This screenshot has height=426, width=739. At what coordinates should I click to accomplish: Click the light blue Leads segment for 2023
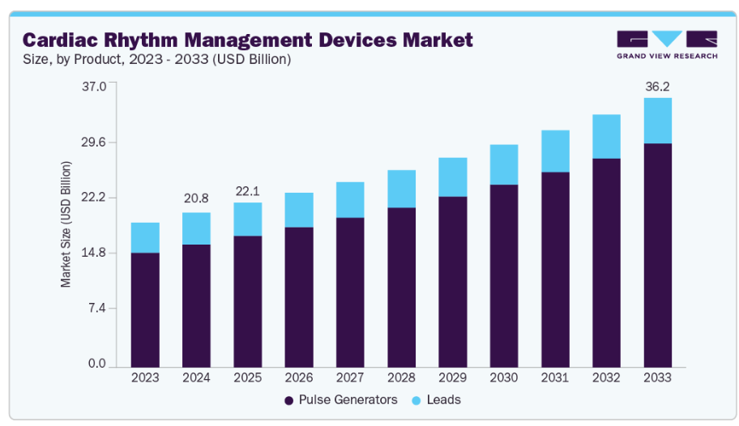(x=145, y=237)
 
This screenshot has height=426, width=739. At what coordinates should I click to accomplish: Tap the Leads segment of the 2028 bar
(x=401, y=189)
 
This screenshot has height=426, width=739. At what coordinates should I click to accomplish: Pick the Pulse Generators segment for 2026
(x=299, y=296)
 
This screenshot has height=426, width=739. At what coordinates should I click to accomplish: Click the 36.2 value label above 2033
(x=657, y=87)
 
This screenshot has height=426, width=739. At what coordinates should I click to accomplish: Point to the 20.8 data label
(x=196, y=198)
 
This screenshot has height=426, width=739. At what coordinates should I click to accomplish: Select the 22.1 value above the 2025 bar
(x=247, y=190)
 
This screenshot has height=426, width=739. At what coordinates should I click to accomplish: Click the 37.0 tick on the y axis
(x=96, y=86)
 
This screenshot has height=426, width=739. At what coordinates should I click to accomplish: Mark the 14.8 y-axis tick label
(x=96, y=253)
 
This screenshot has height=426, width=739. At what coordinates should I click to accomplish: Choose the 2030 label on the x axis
(x=504, y=377)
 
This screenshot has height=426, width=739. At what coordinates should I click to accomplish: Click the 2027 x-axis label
(x=350, y=377)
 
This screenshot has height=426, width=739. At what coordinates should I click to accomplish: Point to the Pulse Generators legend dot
(x=288, y=400)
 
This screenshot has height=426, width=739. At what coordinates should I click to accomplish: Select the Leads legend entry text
(x=445, y=399)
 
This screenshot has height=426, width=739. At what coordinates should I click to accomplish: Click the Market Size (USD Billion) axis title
(x=66, y=224)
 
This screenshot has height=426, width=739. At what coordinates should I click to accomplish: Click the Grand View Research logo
(x=666, y=45)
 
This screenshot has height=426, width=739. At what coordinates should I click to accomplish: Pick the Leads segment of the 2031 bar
(x=555, y=151)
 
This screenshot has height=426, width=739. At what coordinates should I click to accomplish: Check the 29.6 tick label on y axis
(x=96, y=142)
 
